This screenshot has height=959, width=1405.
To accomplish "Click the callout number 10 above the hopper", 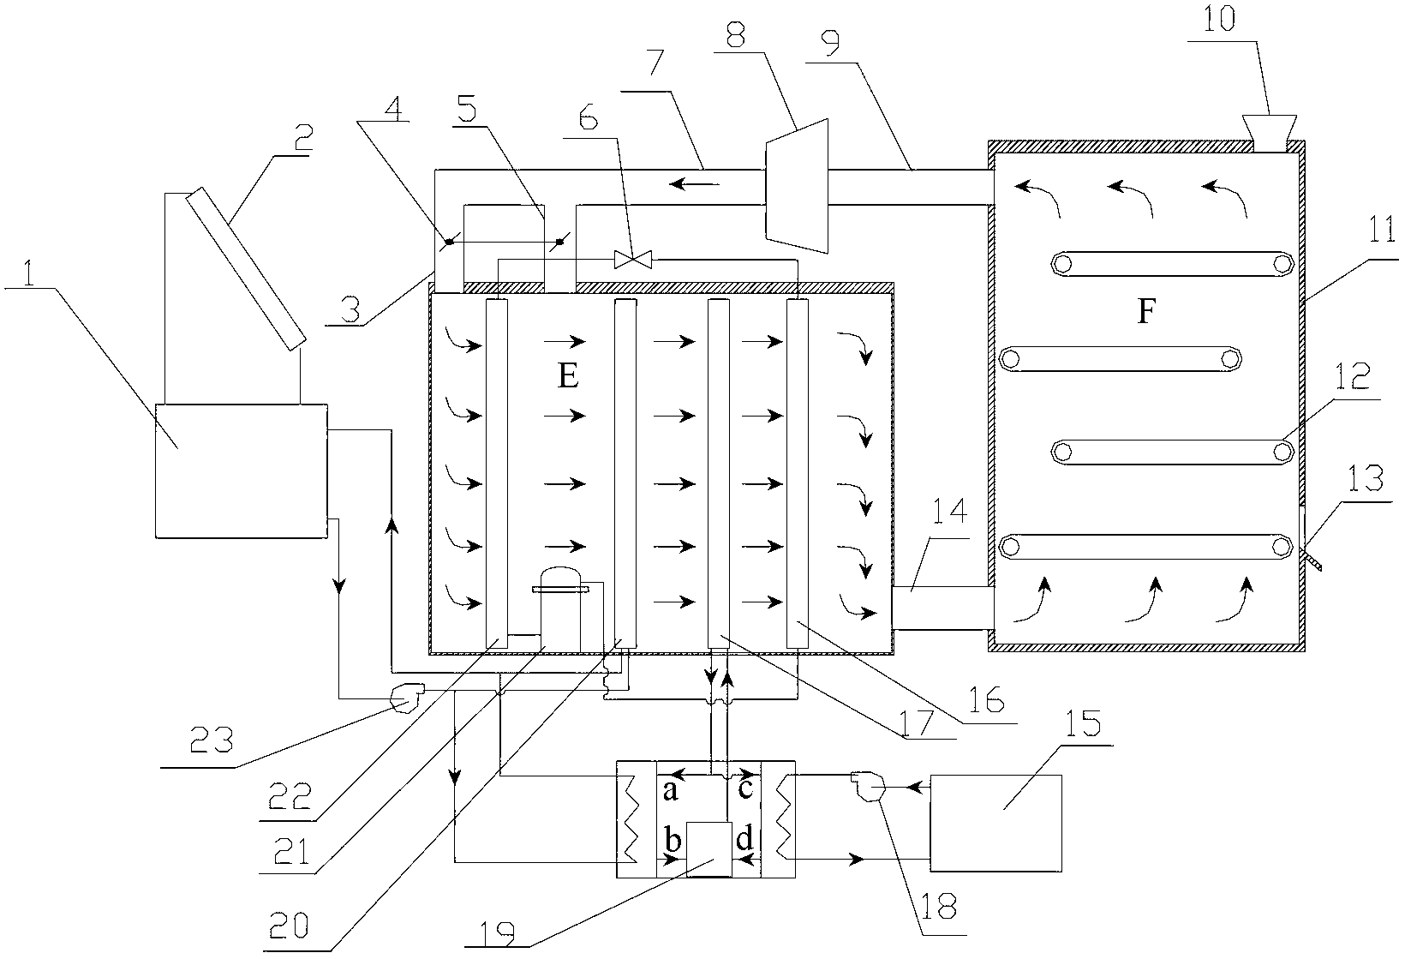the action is point(1219,18).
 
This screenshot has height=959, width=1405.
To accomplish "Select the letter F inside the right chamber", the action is point(1146,311).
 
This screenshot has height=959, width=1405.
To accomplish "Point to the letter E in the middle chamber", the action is point(568,376).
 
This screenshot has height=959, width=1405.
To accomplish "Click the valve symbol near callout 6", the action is point(633,259).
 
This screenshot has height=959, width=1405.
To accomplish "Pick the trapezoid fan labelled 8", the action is point(797,187).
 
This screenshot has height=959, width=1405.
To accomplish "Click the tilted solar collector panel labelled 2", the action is point(246,268).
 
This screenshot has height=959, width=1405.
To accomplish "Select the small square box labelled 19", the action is point(709,849).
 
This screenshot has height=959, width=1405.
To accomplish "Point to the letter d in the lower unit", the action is point(744,838).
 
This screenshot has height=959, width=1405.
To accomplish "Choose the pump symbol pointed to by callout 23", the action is point(407,697).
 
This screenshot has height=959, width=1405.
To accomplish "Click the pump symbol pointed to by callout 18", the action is point(868,787).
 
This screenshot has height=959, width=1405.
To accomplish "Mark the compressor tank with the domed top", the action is point(560,608).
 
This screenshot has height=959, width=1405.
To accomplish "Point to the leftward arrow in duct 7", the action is point(694,184).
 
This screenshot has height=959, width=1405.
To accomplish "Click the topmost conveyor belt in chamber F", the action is point(1172,264).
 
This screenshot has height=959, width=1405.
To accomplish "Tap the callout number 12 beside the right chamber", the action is point(1352,376).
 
